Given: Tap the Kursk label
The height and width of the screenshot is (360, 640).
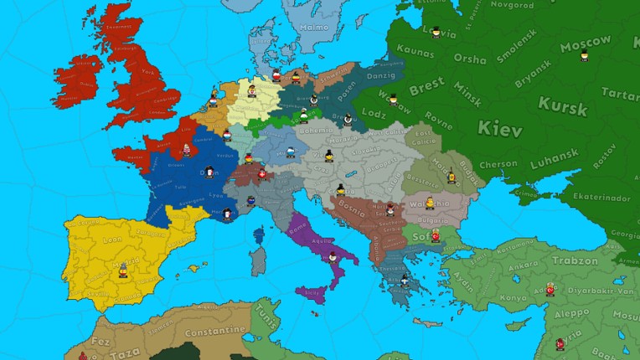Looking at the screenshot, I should pos(563,105).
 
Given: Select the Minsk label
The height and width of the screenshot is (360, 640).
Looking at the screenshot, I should pos(467,87).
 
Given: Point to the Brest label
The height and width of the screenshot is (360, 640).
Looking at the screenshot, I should pos(426,84).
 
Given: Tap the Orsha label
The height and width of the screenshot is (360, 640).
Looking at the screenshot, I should pos(469,59).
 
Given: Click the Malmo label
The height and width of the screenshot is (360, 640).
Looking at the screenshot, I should pos(313,27).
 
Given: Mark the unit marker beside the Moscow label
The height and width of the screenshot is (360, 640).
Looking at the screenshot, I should pos(585,56).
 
